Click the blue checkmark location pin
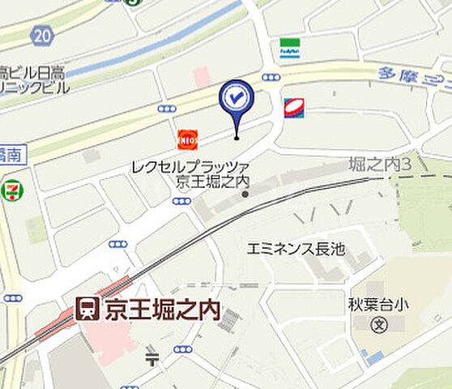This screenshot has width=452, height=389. [237, 99]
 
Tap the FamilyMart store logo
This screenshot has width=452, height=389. [289, 48]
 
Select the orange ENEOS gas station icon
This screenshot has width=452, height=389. [187, 139]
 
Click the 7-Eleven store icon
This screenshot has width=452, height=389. [11, 190]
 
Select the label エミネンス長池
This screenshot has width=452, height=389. [296, 249]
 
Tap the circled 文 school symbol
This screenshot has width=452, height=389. [377, 326]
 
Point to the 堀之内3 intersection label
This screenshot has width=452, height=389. [375, 165]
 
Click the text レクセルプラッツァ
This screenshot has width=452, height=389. [188, 167]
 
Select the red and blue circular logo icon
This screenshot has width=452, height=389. [294, 107]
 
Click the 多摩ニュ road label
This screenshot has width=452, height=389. [414, 79]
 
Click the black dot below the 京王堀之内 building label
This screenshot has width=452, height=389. [245, 194]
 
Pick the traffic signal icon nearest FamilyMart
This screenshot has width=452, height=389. [271, 77]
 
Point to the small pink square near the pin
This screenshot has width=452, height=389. [202, 77]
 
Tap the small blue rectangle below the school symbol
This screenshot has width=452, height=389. [373, 356]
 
